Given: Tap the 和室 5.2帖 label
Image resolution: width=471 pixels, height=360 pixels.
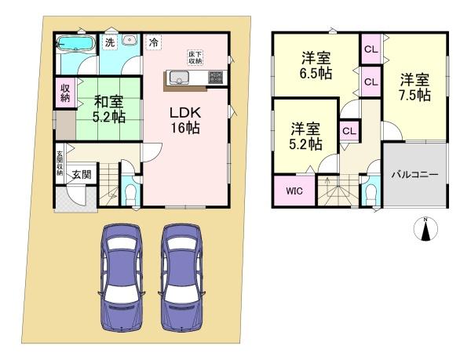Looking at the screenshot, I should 107,107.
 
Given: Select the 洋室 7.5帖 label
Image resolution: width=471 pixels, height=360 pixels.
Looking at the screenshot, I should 413,86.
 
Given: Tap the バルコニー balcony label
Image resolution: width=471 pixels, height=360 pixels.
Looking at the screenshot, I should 414,175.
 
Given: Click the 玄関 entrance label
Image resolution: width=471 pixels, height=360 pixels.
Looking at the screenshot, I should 77,175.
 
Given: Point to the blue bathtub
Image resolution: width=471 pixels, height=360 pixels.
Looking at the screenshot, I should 77,42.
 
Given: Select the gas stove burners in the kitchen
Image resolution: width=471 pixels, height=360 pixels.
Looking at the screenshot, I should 215,77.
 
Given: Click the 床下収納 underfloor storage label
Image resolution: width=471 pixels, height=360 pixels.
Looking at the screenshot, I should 195,57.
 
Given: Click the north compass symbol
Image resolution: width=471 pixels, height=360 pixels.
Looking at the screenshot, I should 425,229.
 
